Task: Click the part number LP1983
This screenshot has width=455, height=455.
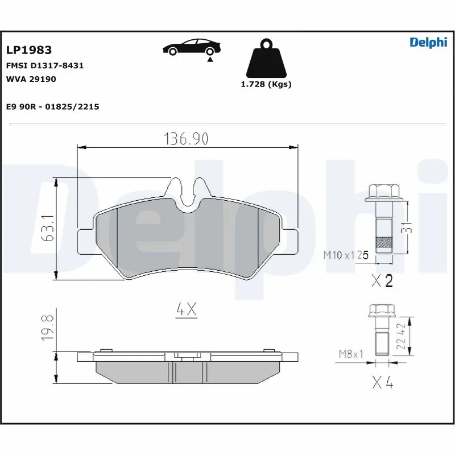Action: point(28,51)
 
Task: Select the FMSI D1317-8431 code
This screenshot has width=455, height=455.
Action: point(45,65)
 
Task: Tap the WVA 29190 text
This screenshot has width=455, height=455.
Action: point(31,79)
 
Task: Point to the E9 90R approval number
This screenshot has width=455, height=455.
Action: point(52,106)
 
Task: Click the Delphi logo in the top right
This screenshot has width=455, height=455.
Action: point(428,43)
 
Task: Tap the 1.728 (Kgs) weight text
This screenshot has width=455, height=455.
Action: point(266,84)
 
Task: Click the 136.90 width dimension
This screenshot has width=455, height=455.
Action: point(187,138)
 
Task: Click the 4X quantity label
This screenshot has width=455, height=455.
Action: point(186,309)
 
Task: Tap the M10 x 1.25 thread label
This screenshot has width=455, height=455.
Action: point(346,255)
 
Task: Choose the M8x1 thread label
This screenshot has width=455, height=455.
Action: point(351,355)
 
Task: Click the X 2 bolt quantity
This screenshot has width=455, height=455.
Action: point(382,280)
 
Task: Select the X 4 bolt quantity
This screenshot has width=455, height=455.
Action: point(382,383)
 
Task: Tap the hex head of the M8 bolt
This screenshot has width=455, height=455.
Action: point(382,311)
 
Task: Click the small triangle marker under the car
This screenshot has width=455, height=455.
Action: point(210,59)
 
